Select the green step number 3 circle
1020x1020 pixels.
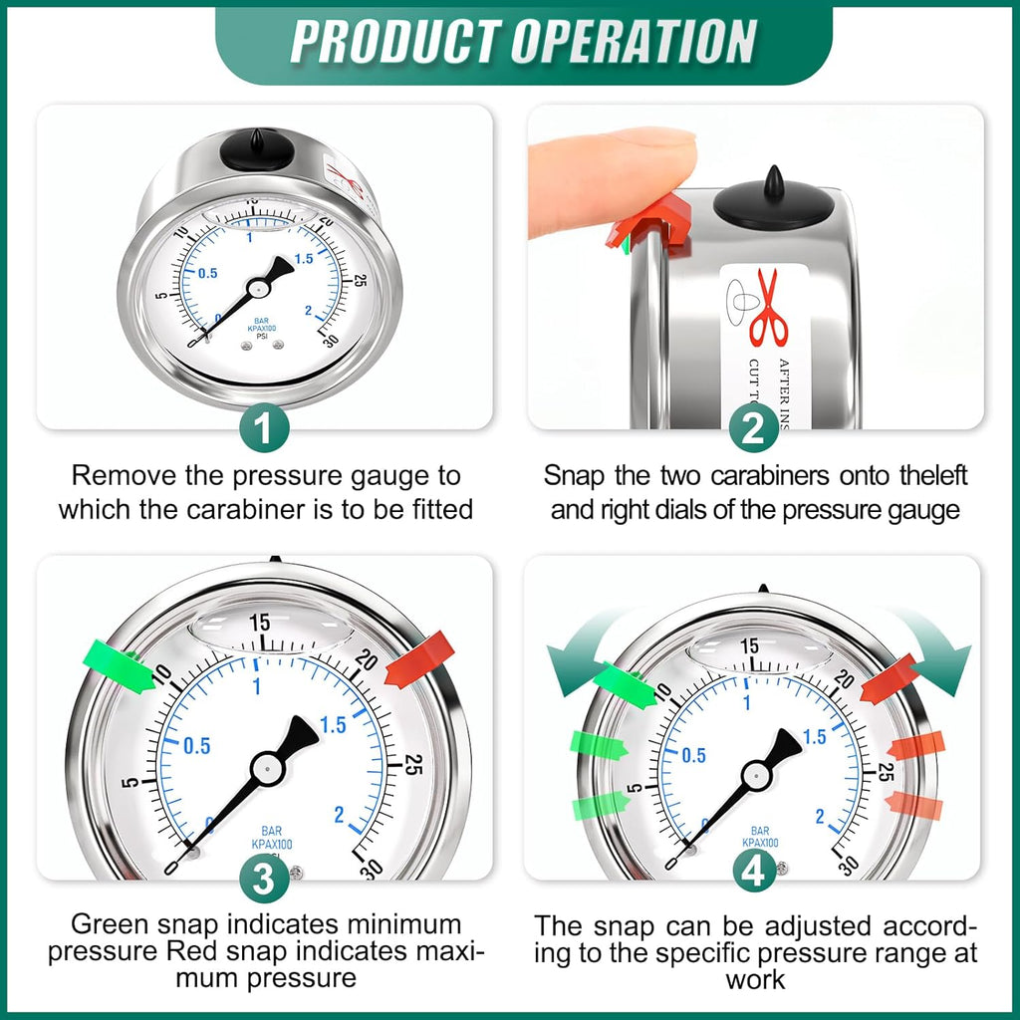click(264, 877)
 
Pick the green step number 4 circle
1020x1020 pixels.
click(754, 874)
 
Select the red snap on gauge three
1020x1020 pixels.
click(419, 659)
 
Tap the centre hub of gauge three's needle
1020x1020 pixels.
click(267, 766)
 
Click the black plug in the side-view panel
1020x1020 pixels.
click(774, 200)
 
